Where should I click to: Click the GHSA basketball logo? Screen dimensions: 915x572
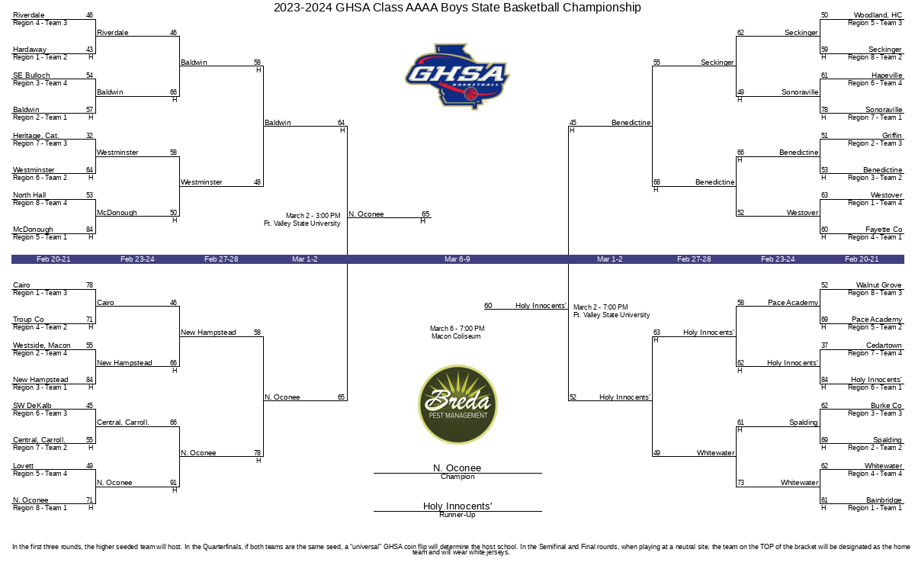pyautogui.click(x=457, y=76)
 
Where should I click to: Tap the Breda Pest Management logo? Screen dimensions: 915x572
pyautogui.click(x=457, y=404)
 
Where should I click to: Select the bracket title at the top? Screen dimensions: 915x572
pyautogui.click(x=457, y=8)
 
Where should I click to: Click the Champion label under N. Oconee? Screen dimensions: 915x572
pyautogui.click(x=457, y=477)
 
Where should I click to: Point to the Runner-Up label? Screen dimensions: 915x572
pyautogui.click(x=457, y=515)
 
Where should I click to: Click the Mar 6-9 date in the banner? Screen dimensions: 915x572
pyautogui.click(x=457, y=259)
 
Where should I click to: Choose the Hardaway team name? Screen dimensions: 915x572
pyautogui.click(x=30, y=50)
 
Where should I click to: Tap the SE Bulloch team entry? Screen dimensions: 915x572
pyautogui.click(x=31, y=76)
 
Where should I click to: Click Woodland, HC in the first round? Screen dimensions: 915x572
pyautogui.click(x=878, y=15)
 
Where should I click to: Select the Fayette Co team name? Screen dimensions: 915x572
pyautogui.click(x=884, y=230)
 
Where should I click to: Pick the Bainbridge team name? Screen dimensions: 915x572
pyautogui.click(x=884, y=500)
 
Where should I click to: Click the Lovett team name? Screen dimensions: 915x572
pyautogui.click(x=24, y=466)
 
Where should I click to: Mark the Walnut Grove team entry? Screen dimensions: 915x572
pyautogui.click(x=878, y=285)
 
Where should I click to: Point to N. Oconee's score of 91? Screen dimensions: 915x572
pyautogui.click(x=173, y=483)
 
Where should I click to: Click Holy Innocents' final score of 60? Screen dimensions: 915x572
pyautogui.click(x=488, y=306)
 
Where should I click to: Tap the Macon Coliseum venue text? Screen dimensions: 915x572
pyautogui.click(x=456, y=336)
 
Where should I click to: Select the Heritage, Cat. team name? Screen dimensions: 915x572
pyautogui.click(x=36, y=136)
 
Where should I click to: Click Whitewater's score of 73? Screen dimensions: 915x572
pyautogui.click(x=740, y=483)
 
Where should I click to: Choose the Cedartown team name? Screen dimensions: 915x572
pyautogui.click(x=884, y=345)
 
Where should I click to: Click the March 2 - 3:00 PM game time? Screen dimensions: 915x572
pyautogui.click(x=313, y=215)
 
